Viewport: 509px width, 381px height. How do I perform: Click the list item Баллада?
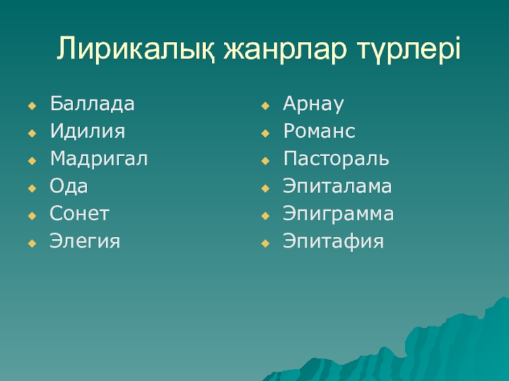(x=92, y=104)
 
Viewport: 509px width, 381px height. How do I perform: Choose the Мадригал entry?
(x=99, y=159)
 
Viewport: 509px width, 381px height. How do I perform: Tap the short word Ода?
(x=69, y=187)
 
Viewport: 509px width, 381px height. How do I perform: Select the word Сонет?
(x=80, y=214)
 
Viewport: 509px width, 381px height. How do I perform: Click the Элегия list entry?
(x=85, y=241)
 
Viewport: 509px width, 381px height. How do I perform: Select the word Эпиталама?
(x=338, y=187)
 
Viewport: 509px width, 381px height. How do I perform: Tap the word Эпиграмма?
(x=338, y=214)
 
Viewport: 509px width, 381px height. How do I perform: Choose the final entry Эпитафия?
(x=334, y=241)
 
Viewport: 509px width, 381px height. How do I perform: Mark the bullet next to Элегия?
(x=32, y=242)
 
